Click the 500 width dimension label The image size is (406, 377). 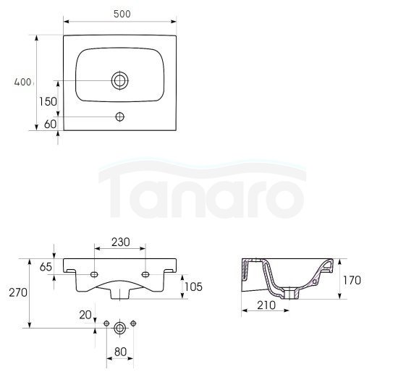tap(122, 14)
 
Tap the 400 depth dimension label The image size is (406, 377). tap(22, 82)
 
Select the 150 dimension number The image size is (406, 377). tap(48, 101)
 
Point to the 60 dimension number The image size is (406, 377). tap(50, 124)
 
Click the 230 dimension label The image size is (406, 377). tap(121, 242)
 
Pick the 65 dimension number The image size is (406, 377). tap(46, 267)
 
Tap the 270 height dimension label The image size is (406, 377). tap(18, 292)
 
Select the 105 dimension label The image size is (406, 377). tap(193, 287)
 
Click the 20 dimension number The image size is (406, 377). tap(85, 315)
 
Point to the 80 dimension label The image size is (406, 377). tap(120, 352)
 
